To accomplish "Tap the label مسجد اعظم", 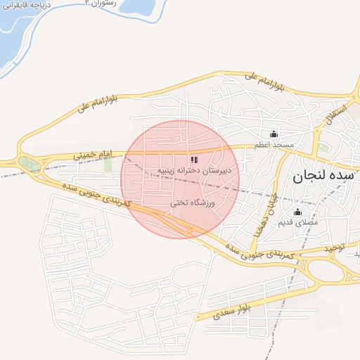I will tap(274, 144).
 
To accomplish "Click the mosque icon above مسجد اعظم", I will tap(274, 134).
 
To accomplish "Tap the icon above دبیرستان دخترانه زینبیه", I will tap(194, 160).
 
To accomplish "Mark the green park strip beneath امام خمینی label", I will tap(108, 165).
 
